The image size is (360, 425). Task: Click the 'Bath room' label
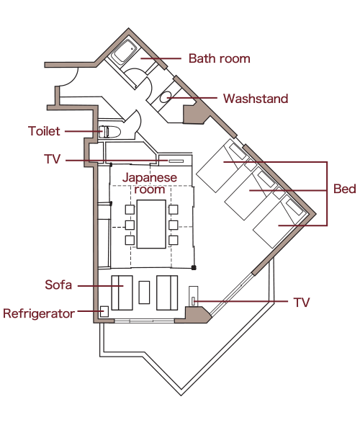tap(219, 58)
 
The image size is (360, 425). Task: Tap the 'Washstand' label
tap(256, 99)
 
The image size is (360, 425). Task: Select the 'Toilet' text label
tap(44, 131)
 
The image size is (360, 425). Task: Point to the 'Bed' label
tap(344, 189)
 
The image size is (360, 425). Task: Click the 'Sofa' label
tap(58, 285)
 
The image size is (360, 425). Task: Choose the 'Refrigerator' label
tap(39, 313)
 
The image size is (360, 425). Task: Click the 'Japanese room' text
tap(150, 184)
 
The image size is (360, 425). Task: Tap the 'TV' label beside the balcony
tap(301, 303)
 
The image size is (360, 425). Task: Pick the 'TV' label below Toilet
tap(52, 159)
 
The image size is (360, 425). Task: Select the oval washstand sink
tap(165, 97)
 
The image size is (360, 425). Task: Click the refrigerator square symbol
tap(104, 311)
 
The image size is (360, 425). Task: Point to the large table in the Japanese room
tap(151, 224)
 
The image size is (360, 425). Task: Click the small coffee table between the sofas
tap(144, 292)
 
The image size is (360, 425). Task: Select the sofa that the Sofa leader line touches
tap(122, 292)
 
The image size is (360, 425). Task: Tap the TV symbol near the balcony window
tap(193, 301)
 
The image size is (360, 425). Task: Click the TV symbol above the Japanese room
tap(176, 161)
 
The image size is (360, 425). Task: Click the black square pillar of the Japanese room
tap(194, 268)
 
